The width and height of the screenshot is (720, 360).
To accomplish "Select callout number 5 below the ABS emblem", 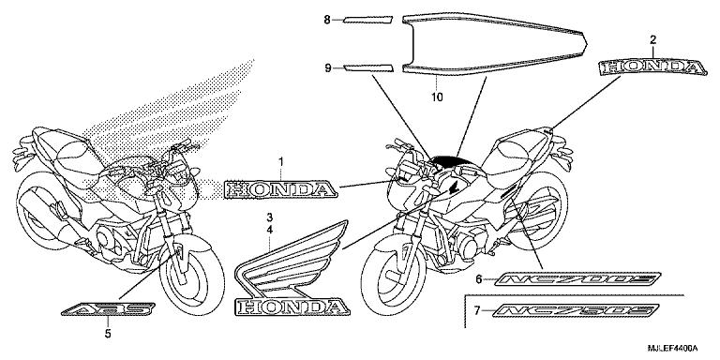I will [x=107, y=332].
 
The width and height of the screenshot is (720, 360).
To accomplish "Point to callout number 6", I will [x=478, y=279].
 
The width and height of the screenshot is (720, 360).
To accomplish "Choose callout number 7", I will [x=478, y=310].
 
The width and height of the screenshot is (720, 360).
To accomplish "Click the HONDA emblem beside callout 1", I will [x=279, y=190].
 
